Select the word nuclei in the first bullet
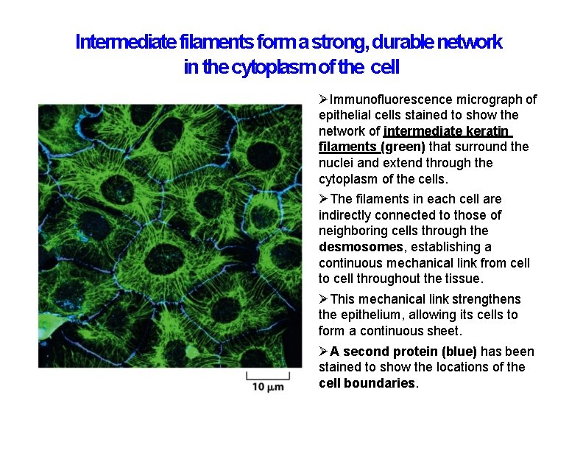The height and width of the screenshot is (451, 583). [336, 163]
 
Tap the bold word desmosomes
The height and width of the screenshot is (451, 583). [360, 247]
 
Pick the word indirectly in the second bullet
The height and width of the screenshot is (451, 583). [344, 215]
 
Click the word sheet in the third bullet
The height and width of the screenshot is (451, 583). [444, 331]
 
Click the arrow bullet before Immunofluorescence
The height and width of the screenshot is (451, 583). [324, 99]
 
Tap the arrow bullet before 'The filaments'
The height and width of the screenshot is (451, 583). [324, 199]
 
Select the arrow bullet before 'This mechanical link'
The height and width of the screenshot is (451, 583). [324, 299]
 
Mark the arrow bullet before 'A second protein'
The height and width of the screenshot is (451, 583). [324, 352]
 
